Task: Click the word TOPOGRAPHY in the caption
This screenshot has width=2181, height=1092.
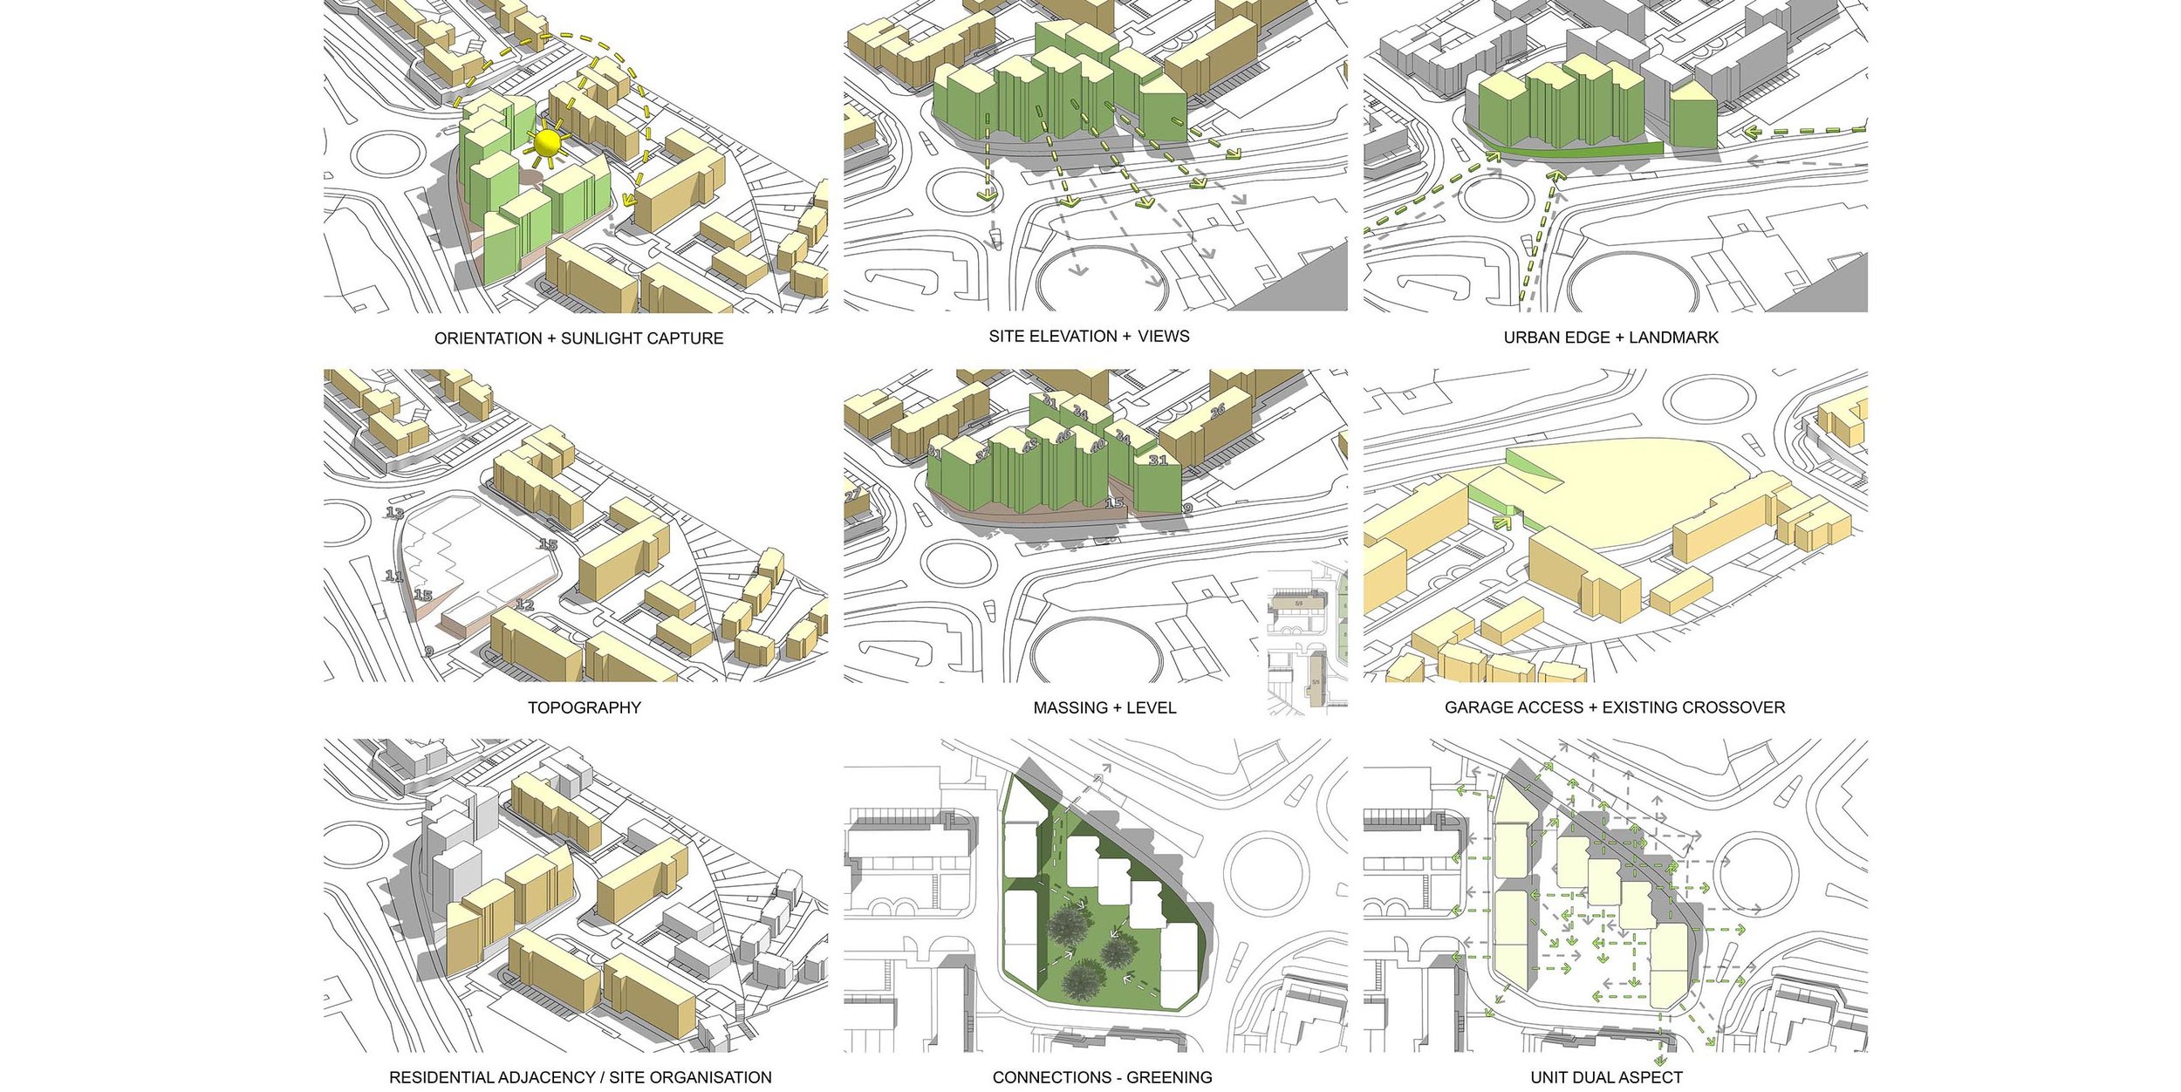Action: pos(584,707)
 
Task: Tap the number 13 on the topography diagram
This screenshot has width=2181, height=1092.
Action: pos(395,514)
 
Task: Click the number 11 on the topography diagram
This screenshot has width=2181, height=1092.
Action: pos(394,577)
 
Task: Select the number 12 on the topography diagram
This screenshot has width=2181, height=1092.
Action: pos(524,604)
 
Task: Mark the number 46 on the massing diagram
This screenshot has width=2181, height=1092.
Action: pos(1063,436)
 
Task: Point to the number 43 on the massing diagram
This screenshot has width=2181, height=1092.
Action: pos(1030,446)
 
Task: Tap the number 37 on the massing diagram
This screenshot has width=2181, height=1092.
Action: pos(983,456)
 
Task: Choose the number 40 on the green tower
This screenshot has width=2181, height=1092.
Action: pos(1097,445)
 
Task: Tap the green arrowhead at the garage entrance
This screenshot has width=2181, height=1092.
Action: pos(1501,522)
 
